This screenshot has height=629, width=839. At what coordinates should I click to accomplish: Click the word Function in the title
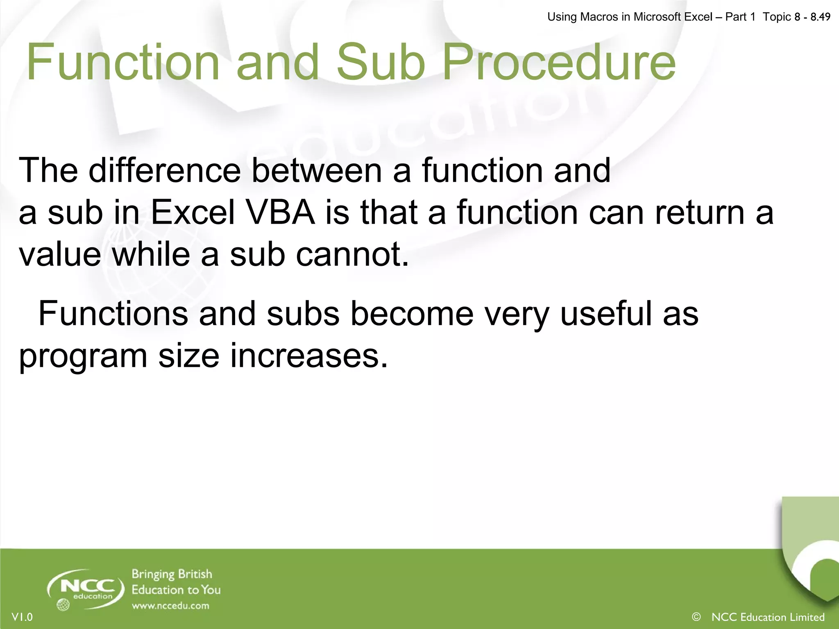pyautogui.click(x=123, y=62)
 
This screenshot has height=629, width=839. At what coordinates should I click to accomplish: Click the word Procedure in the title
pyautogui.click(x=559, y=62)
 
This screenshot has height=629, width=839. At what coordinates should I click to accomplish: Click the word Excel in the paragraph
pyautogui.click(x=193, y=213)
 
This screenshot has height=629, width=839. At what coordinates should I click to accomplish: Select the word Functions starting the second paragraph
pyautogui.click(x=113, y=314)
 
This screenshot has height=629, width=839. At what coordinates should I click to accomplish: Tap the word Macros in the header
pyautogui.click(x=599, y=17)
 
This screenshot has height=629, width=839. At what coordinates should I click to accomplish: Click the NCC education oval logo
pyautogui.click(x=87, y=588)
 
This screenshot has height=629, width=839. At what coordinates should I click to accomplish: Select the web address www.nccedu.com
pyautogui.click(x=170, y=606)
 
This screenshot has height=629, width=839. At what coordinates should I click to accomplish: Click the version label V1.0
pyautogui.click(x=22, y=617)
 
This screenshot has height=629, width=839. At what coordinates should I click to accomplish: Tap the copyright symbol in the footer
pyautogui.click(x=696, y=616)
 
